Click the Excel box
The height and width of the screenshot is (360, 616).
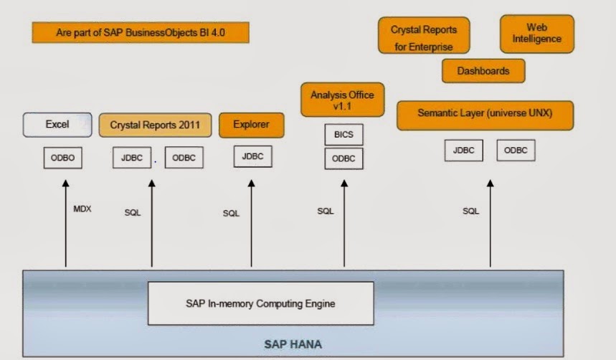pos(57,125)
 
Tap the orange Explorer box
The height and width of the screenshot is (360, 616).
pos(251,125)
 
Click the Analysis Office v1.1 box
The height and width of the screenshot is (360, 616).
pos(342,100)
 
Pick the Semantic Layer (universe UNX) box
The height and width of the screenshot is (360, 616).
pos(485,114)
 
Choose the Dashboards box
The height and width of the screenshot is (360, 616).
pos(483,71)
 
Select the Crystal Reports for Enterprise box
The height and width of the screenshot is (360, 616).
pos(424,36)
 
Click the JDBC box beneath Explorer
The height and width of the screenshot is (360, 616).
pos(252,156)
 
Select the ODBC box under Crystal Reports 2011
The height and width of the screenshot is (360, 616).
pos(184,158)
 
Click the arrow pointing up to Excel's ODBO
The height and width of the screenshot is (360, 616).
pos(65,222)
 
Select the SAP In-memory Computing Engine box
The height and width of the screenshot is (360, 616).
pos(261,303)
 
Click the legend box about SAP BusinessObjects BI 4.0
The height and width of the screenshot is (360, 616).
pos(141,32)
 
